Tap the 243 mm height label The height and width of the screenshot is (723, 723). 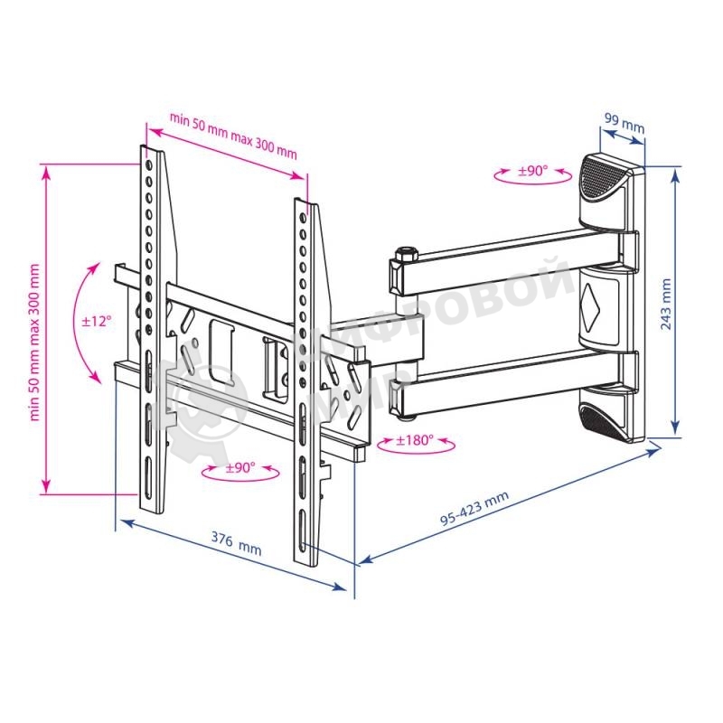pyautogui.click(x=666, y=304)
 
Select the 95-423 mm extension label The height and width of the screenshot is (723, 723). pyautogui.click(x=474, y=508)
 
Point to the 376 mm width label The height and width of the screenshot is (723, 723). pyautogui.click(x=236, y=544)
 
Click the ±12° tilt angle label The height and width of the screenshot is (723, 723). pyautogui.click(x=97, y=321)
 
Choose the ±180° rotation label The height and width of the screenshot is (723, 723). pyautogui.click(x=415, y=440)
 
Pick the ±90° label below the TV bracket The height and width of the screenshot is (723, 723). pyautogui.click(x=240, y=467)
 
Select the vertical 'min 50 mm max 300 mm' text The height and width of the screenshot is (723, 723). pyautogui.click(x=34, y=343)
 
